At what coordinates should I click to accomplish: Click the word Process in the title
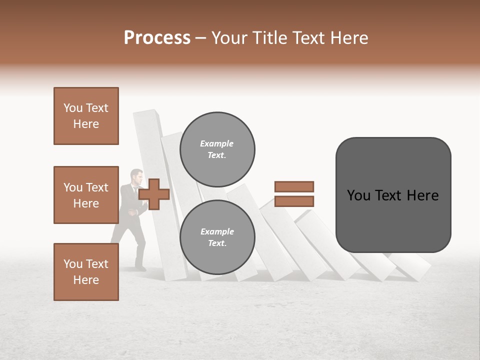click(x=157, y=38)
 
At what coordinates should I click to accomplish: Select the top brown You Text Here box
click(x=86, y=116)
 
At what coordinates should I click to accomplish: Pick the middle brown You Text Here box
click(x=86, y=195)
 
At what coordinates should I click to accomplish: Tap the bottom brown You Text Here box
click(x=86, y=272)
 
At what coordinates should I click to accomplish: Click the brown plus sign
click(x=154, y=194)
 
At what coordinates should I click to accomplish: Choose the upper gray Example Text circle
click(x=217, y=149)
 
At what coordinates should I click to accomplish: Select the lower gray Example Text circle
click(x=217, y=237)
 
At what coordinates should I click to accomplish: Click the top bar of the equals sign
click(x=294, y=186)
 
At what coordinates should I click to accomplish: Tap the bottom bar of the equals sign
click(x=294, y=201)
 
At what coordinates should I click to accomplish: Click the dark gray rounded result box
click(x=393, y=195)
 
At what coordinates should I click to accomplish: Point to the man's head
click(x=136, y=176)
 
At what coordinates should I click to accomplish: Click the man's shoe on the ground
click(x=140, y=268)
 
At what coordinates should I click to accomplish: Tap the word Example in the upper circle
click(x=216, y=143)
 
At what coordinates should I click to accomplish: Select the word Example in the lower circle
click(x=217, y=231)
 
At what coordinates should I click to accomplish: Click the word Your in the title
click(x=229, y=38)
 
